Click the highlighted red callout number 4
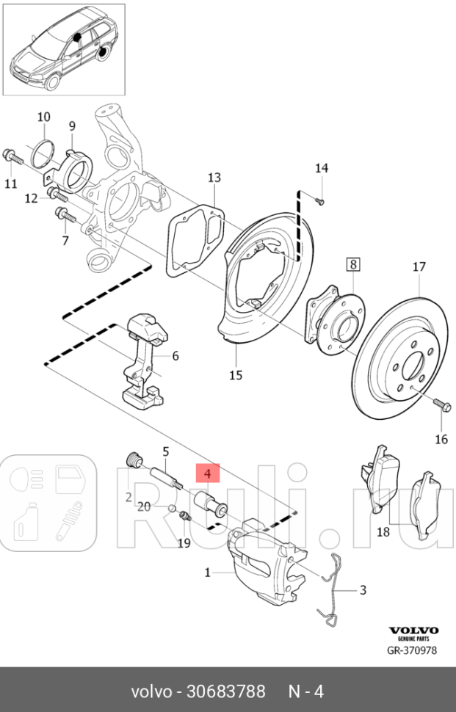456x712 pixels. (x=207, y=474)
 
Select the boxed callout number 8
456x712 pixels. (x=353, y=264)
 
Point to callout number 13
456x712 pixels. (x=214, y=178)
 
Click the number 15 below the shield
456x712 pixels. (x=235, y=376)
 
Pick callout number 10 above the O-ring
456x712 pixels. (x=43, y=117)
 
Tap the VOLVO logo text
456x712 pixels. (x=413, y=631)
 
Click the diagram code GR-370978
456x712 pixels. (x=412, y=650)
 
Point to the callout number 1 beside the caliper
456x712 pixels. (x=207, y=572)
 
